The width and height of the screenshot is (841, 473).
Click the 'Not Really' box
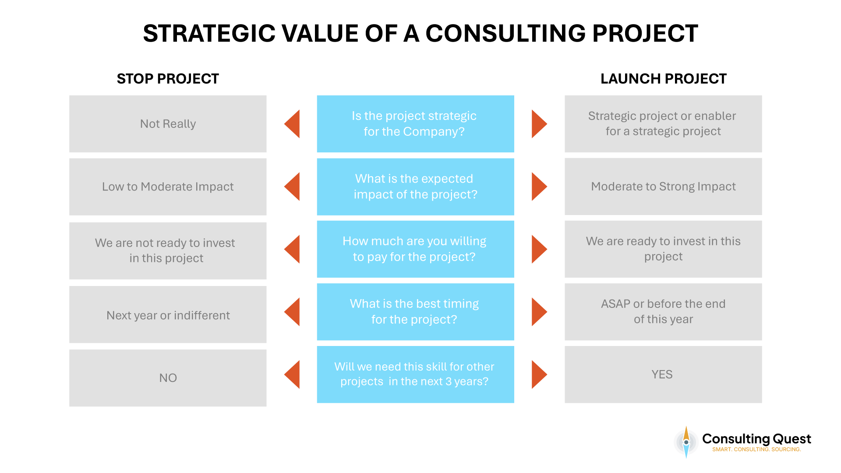[168, 124]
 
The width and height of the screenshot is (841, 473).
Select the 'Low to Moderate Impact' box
[168, 187]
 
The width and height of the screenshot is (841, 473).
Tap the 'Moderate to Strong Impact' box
[663, 187]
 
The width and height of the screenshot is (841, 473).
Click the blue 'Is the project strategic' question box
[415, 124]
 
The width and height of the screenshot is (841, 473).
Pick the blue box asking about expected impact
[415, 187]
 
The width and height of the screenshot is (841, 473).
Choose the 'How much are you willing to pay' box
[415, 249]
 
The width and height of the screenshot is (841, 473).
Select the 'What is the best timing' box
[415, 312]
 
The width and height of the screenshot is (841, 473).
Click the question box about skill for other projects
[415, 374]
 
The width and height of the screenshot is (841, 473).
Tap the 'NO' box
[168, 378]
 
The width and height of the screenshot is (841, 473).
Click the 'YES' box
[663, 374]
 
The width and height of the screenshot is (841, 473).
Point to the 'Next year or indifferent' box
[168, 315]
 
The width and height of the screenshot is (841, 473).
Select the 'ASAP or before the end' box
[663, 312]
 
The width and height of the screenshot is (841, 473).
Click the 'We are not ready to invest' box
[168, 251]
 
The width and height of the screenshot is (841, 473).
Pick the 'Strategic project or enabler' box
[663, 124]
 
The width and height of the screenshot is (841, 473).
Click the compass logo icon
[686, 442]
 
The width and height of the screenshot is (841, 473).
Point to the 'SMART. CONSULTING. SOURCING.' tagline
[756, 449]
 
